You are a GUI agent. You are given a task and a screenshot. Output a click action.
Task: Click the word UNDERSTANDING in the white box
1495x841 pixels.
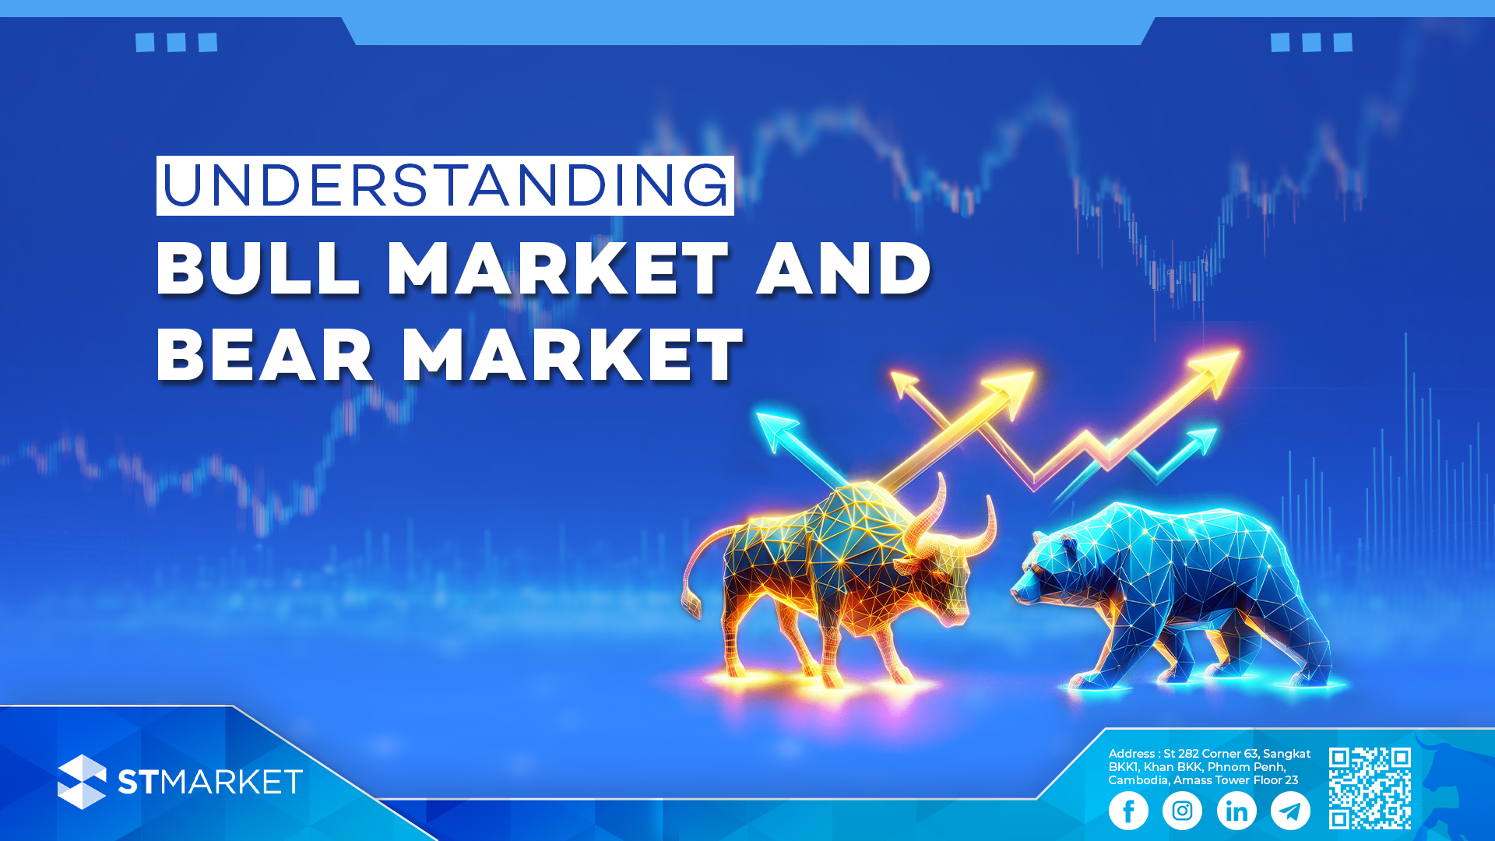coord(445,185)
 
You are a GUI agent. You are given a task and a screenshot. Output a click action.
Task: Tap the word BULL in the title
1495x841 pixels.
coord(259,268)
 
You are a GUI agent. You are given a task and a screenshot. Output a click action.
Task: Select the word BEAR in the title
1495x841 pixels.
coord(266,355)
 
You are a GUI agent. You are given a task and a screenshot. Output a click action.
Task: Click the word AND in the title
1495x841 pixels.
coord(844,268)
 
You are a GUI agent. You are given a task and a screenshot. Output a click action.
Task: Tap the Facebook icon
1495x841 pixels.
coord(1128,811)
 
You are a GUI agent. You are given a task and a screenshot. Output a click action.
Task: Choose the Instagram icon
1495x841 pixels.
coord(1182,811)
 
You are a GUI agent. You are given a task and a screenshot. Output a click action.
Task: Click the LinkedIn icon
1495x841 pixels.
coord(1236,811)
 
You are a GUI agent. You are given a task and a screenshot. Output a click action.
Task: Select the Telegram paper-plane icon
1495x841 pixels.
coord(1290,811)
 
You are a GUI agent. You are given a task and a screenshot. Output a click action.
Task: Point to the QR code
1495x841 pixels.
coord(1370,788)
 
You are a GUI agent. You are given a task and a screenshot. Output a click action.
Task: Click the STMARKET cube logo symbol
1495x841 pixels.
coord(82,782)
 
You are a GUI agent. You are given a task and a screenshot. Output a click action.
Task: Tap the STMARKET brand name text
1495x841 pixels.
coord(210,782)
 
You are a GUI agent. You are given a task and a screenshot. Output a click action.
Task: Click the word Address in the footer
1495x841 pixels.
coord(1131,754)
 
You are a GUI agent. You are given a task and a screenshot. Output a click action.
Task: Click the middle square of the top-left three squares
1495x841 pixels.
coord(176,42)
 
